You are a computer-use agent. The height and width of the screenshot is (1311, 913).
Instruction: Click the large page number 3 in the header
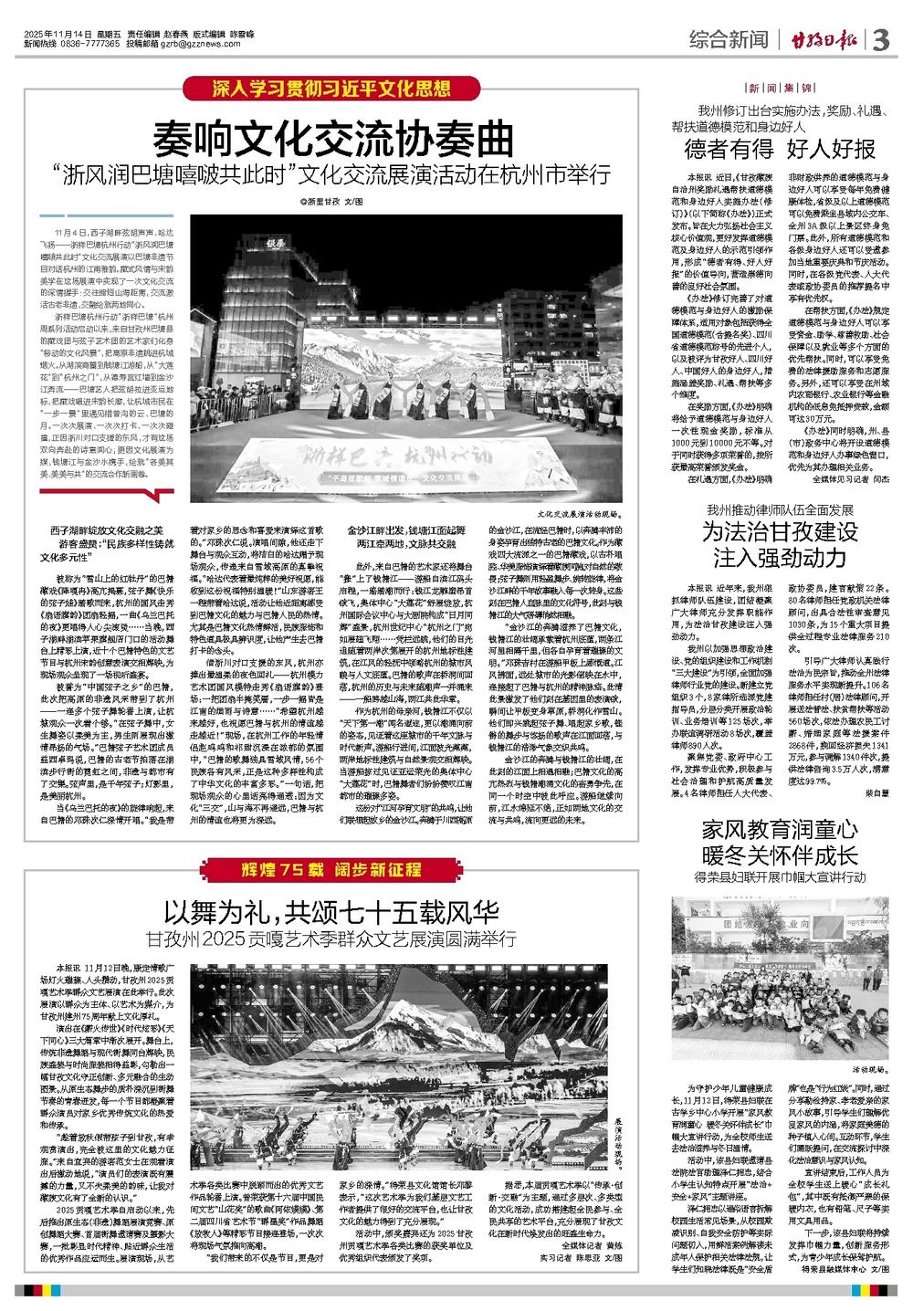pyautogui.click(x=881, y=41)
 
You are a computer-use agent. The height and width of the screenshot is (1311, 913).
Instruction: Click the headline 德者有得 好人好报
pyautogui.click(x=781, y=150)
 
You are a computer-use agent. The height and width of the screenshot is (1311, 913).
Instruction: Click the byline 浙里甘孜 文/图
pyautogui.click(x=331, y=200)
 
